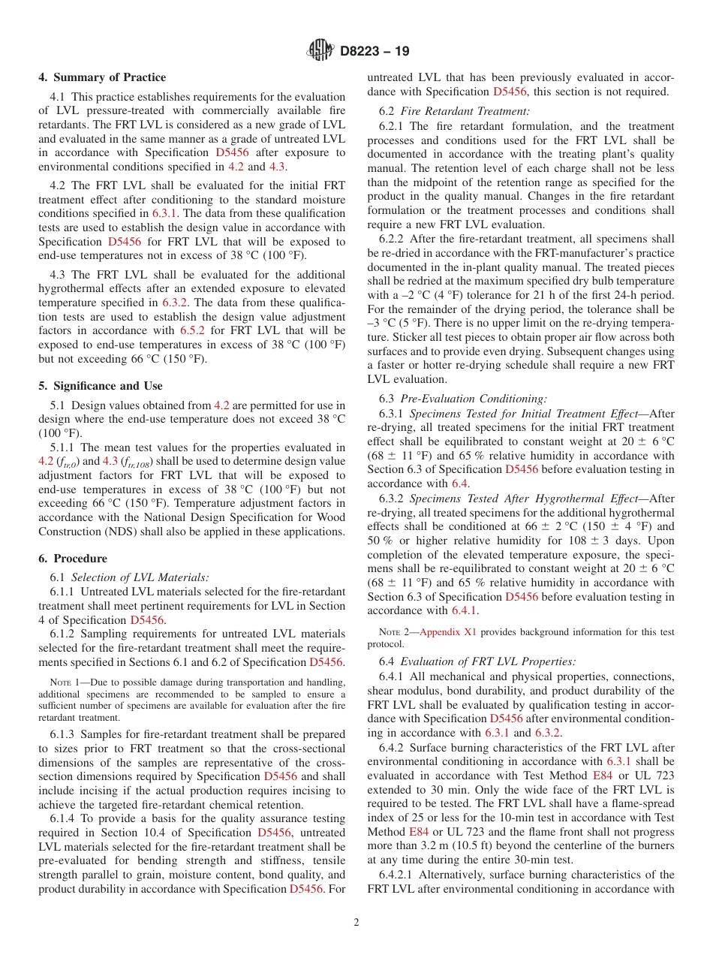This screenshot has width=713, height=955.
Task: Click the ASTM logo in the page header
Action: pos(320,51)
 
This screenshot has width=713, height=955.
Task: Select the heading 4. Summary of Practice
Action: pos(102,77)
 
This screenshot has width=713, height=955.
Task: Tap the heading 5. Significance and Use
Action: pos(101,386)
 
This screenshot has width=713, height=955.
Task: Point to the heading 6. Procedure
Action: pos(73,559)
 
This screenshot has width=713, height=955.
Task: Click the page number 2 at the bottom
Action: pos(356,923)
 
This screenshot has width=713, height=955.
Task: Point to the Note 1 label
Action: pos(64,682)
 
